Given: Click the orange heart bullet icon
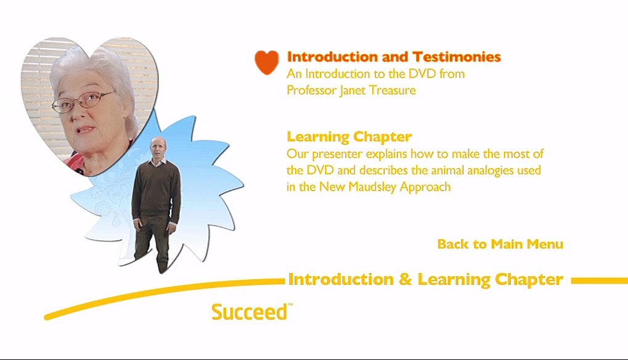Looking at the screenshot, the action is coord(266,62).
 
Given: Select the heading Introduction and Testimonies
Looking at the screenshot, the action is coord(394,57).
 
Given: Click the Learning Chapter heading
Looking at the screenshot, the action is coord(349,137).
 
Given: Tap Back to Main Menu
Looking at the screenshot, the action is coord(500,244).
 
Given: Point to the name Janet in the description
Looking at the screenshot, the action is coord(352,90).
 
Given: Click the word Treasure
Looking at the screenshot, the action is coord(392,90).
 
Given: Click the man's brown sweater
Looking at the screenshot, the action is coord(156,188).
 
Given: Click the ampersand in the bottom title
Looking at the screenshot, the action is coord(406,279).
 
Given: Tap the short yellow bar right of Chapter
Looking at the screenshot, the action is coord(600,280).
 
